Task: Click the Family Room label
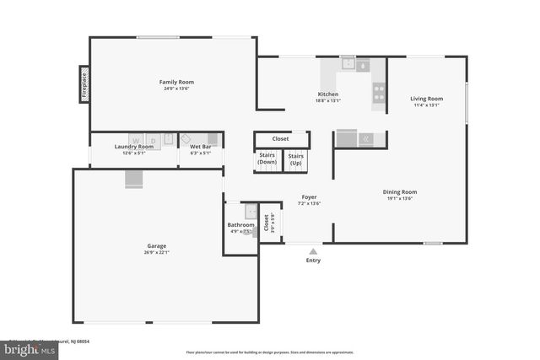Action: pyautogui.click(x=171, y=82)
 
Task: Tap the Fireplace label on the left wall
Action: pyautogui.click(x=84, y=83)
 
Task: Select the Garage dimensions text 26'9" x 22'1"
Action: pyautogui.click(x=157, y=252)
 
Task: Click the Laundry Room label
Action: pyautogui.click(x=134, y=147)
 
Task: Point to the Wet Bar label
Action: pyautogui.click(x=200, y=147)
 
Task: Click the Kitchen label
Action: pyautogui.click(x=328, y=94)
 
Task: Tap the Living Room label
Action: pyautogui.click(x=426, y=99)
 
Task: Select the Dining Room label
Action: pyautogui.click(x=402, y=191)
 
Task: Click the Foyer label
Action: pyautogui.click(x=310, y=197)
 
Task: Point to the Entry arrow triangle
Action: pyautogui.click(x=313, y=250)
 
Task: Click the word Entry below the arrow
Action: pyautogui.click(x=313, y=261)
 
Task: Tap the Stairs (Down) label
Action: pyautogui.click(x=267, y=159)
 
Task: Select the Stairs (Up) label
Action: pyautogui.click(x=295, y=159)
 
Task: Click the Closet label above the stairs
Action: pyautogui.click(x=281, y=139)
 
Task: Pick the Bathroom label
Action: pyautogui.click(x=240, y=225)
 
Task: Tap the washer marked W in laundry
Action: pyautogui.click(x=135, y=140)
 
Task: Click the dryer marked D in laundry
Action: pyautogui.click(x=154, y=140)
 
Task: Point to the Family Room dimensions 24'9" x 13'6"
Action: pyautogui.click(x=171, y=88)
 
